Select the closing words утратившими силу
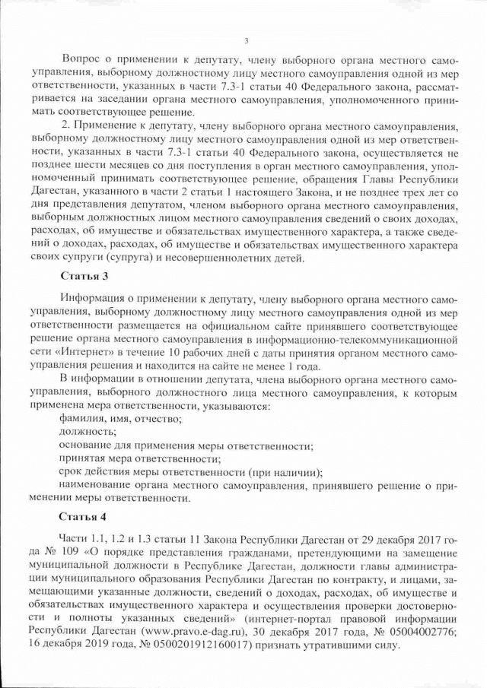click(x=355, y=645)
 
